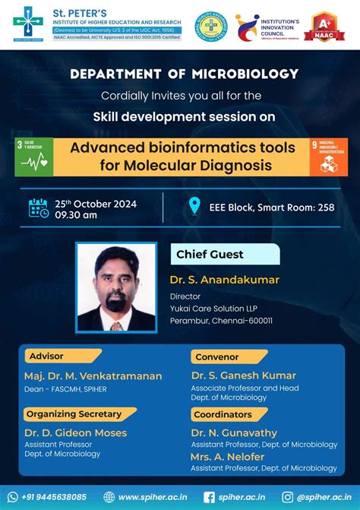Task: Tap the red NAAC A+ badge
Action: click(324, 27)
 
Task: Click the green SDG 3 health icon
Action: click(34, 157)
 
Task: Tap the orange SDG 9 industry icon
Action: click(328, 157)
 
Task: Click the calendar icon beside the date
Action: click(38, 207)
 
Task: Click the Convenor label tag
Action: click(217, 356)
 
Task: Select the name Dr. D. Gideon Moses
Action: click(75, 432)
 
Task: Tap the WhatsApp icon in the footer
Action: click(13, 496)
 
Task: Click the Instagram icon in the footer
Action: click(287, 496)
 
